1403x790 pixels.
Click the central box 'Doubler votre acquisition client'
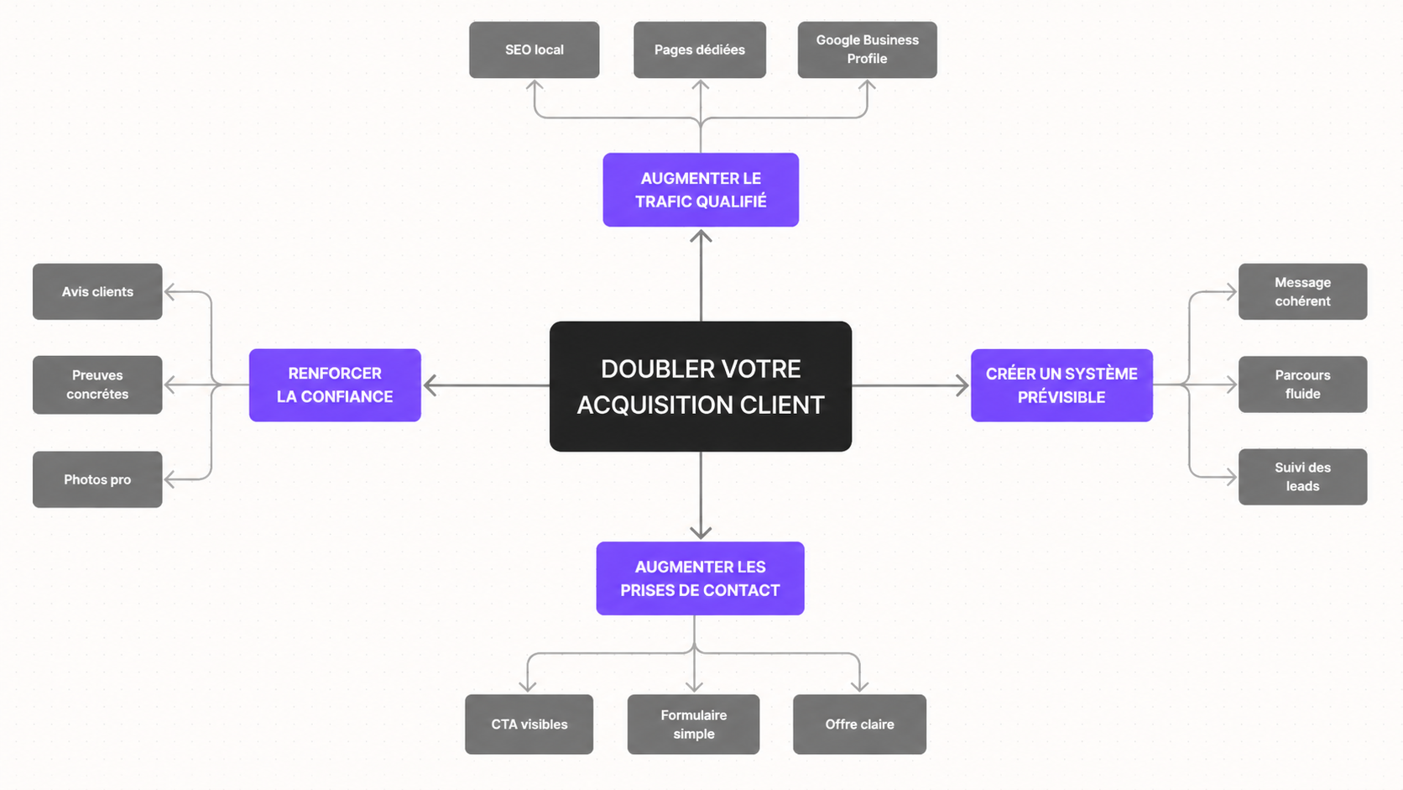[701, 386]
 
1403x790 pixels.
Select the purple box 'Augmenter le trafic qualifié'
[701, 190]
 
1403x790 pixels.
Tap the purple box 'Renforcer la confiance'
[335, 385]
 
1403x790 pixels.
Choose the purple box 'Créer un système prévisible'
[1061, 385]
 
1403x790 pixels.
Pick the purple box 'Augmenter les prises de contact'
[701, 578]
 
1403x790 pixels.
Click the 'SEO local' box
[535, 50]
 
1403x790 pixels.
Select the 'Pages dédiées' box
[700, 50]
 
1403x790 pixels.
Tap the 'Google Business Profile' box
[868, 50]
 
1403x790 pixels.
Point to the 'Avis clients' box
[97, 292]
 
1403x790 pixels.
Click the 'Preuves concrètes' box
[97, 385]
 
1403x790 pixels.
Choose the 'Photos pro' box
[97, 479]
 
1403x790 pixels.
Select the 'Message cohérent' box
[1303, 292]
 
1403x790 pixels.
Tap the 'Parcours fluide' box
[1303, 385]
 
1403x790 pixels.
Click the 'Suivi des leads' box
[1303, 477]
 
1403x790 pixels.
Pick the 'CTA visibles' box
[529, 725]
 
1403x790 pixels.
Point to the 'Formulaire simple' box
[693, 725]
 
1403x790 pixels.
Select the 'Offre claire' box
[859, 725]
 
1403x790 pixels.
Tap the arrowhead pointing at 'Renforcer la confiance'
[430, 385]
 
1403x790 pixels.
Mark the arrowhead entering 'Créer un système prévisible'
[962, 385]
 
